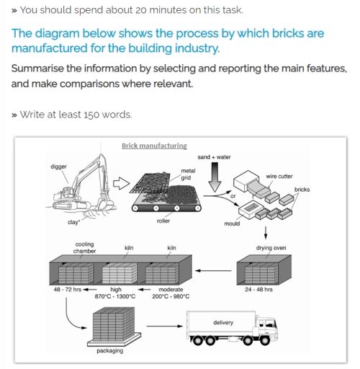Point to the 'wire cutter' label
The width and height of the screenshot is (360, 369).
(279, 174)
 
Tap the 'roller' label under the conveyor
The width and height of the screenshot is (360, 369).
(163, 221)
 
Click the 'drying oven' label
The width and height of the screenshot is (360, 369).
(271, 248)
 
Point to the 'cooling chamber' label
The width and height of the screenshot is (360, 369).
(84, 247)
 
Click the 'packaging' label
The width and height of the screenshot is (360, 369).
(109, 351)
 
